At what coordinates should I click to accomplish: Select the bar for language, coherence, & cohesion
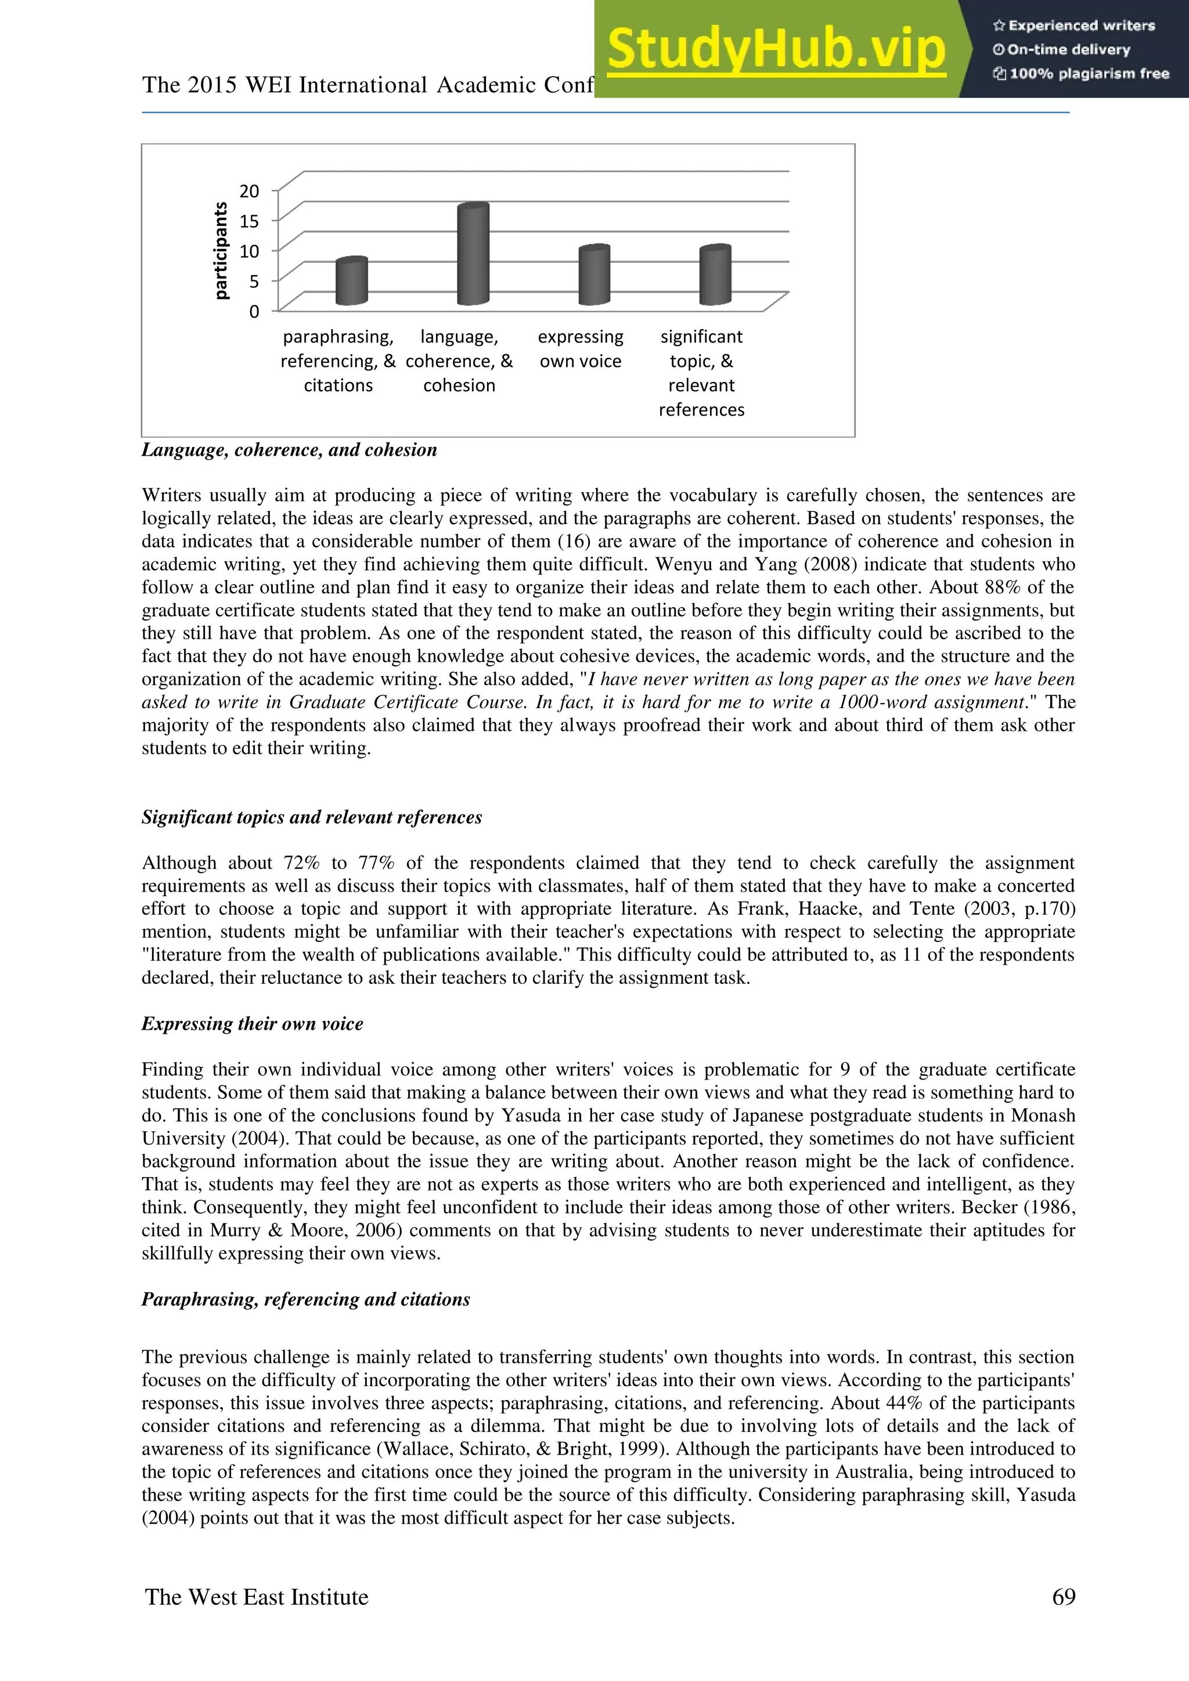click(x=473, y=255)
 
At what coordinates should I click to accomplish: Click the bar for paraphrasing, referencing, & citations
click(x=351, y=282)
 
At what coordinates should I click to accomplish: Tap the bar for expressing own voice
click(x=594, y=276)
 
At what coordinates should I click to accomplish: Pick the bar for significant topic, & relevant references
click(x=715, y=276)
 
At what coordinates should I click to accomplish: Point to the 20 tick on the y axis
click(x=249, y=191)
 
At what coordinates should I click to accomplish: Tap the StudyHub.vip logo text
click(x=776, y=50)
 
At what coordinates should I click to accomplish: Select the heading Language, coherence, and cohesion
click(x=289, y=449)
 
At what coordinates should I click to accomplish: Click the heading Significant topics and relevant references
click(x=311, y=817)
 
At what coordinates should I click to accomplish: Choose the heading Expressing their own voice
click(x=252, y=1023)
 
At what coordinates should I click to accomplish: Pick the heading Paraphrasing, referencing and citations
click(x=305, y=1299)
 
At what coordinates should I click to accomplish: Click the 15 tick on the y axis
click(x=249, y=221)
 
